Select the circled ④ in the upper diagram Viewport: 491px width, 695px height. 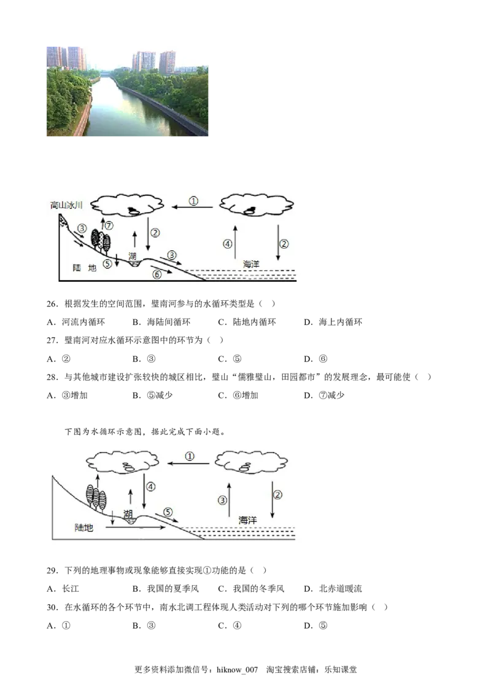click(228, 244)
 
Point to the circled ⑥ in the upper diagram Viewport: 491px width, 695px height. click(157, 274)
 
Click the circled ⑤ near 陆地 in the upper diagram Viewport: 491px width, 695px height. click(107, 263)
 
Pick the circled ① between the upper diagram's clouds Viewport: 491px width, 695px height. click(193, 201)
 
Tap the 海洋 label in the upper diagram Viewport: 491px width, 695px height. click(252, 264)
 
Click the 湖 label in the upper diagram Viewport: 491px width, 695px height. click(133, 256)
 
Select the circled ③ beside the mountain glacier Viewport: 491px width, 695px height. click(82, 228)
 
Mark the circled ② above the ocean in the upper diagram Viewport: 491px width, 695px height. click(284, 244)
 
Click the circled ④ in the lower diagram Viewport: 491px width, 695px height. click(151, 486)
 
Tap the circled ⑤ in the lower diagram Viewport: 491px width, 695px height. click(168, 511)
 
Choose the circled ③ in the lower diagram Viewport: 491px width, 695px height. click(223, 500)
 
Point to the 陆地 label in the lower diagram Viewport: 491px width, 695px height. click(83, 527)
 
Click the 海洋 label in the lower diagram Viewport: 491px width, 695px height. click(247, 520)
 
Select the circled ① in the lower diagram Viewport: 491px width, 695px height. click(190, 456)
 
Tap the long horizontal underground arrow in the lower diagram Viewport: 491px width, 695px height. click(141, 527)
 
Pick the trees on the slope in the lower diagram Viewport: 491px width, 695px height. click(96, 497)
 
